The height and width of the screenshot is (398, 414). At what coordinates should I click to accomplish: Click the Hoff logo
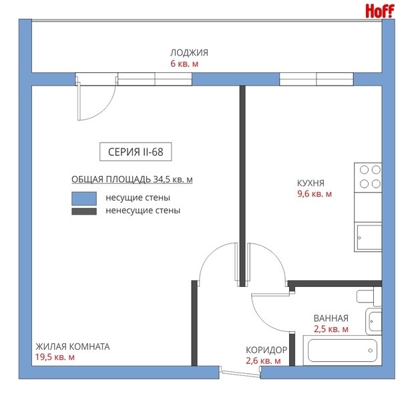pyautogui.click(x=380, y=11)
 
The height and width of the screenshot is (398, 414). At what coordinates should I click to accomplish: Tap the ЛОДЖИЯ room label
pyautogui.click(x=189, y=53)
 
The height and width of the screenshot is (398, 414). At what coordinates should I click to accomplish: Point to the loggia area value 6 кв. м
pyautogui.click(x=184, y=64)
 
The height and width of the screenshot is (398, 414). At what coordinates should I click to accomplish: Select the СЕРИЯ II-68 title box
pyautogui.click(x=136, y=152)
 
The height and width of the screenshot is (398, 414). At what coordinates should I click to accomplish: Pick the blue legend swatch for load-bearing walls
pyautogui.click(x=84, y=199)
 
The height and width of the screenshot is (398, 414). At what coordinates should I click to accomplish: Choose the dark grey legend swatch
pyautogui.click(x=84, y=211)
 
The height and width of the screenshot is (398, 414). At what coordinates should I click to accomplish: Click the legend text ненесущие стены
pyautogui.click(x=143, y=211)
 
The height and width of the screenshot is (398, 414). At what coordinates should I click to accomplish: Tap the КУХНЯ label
pyautogui.click(x=310, y=183)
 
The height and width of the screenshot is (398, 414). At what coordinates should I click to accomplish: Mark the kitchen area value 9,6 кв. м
pyautogui.click(x=315, y=194)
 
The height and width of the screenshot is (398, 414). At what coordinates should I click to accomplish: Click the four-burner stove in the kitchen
pyautogui.click(x=368, y=177)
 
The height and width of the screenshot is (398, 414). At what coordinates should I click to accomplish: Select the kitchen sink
pyautogui.click(x=368, y=237)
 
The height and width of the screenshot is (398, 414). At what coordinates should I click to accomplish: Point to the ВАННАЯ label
pyautogui.click(x=331, y=318)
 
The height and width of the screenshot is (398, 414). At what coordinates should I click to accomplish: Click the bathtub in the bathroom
pyautogui.click(x=342, y=351)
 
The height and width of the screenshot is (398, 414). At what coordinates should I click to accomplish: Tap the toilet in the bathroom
pyautogui.click(x=369, y=297)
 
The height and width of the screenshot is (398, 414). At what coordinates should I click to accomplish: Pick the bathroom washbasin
pyautogui.click(x=374, y=322)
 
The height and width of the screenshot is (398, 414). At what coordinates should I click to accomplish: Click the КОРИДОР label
pyautogui.click(x=266, y=350)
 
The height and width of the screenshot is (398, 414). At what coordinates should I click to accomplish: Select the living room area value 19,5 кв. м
pyautogui.click(x=55, y=357)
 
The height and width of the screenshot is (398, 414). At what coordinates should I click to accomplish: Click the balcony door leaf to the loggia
pyautogui.click(x=79, y=102)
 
